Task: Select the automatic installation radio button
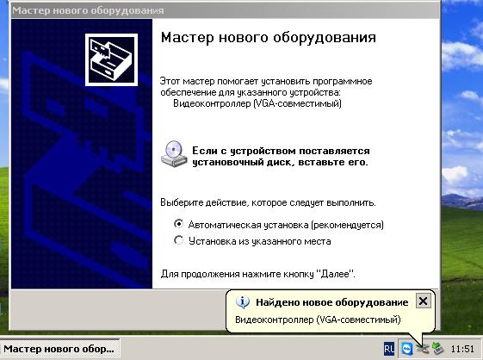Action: (179, 224)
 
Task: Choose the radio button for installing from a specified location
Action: (179, 241)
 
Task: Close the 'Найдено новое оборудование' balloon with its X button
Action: (422, 301)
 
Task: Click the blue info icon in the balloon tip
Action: (244, 302)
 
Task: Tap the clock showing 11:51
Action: (462, 349)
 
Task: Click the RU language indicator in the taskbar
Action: (389, 349)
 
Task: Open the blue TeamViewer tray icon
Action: (406, 349)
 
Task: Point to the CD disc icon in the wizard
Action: (172, 154)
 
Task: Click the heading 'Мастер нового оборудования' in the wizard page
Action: (269, 39)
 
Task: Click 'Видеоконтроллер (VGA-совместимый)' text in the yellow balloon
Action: (318, 320)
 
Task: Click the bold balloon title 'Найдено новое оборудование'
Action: (331, 302)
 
